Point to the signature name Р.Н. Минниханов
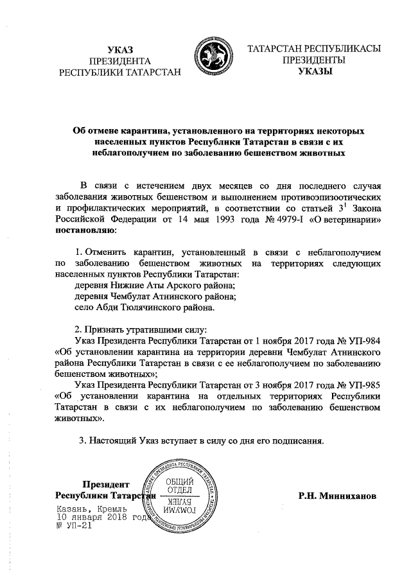338,496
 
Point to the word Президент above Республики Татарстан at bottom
106,484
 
